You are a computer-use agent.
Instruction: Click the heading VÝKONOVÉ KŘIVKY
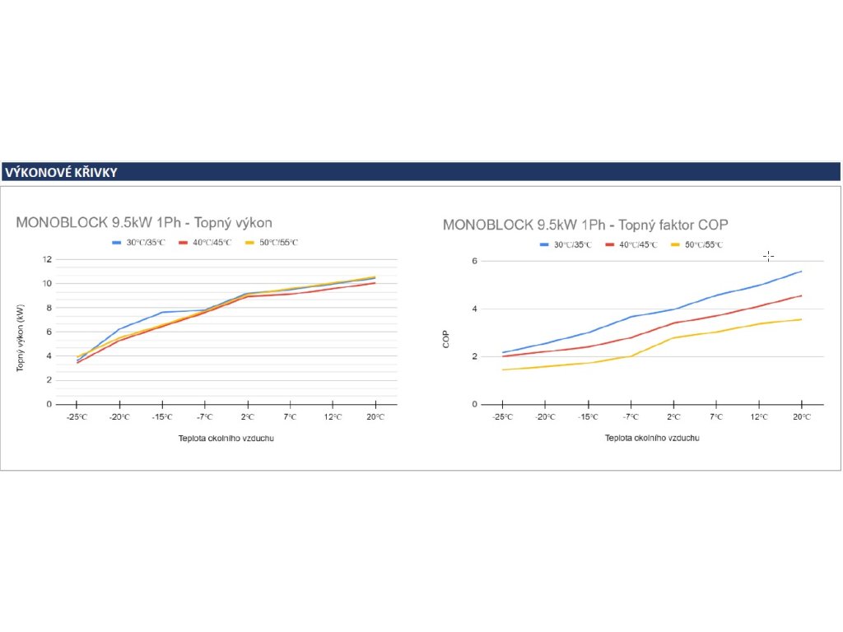click(61, 173)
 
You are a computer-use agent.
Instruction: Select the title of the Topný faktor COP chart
click(585, 225)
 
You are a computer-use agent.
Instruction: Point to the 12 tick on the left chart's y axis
click(48, 259)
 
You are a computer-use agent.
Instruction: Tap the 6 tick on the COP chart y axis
click(475, 262)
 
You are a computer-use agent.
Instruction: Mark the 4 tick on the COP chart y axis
click(475, 309)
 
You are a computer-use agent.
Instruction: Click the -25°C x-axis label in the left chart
click(77, 418)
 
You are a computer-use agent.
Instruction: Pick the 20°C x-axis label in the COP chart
click(801, 418)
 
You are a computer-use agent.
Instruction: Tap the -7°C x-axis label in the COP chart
click(631, 418)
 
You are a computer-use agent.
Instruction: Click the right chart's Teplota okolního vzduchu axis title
click(653, 438)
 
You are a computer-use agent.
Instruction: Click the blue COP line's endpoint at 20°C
click(801, 272)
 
